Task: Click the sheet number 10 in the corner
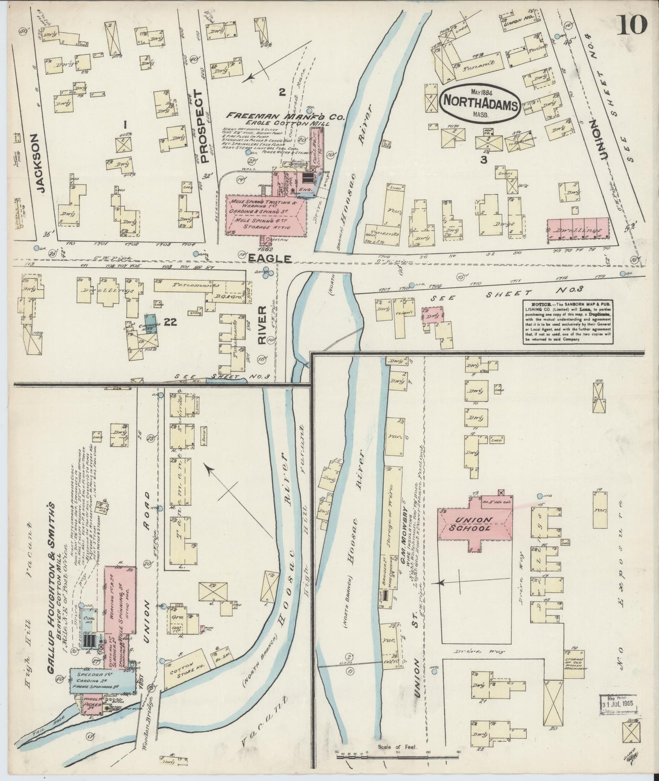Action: [633, 24]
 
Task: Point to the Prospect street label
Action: [203, 126]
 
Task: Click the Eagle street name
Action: [269, 258]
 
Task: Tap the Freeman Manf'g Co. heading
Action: [285, 117]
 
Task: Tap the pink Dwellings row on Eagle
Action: [578, 231]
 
